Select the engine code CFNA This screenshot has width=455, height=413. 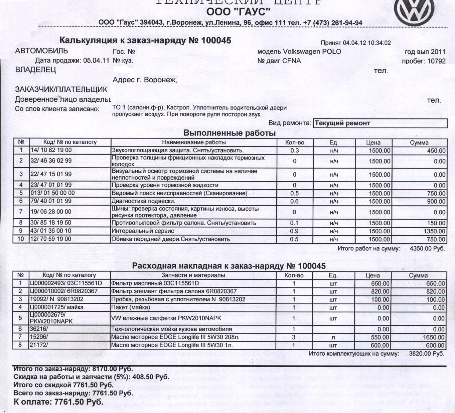tap(291, 61)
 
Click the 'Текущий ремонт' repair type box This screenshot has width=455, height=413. tap(380, 123)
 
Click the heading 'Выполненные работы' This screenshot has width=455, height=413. tap(229, 133)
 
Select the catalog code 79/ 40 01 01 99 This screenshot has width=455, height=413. tap(51, 201)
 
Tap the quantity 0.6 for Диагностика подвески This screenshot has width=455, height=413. tap(294, 201)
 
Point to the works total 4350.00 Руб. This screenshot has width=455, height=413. tap(427, 249)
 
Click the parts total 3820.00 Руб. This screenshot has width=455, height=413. tap(426, 354)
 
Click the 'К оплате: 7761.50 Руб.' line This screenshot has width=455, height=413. tap(58, 402)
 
